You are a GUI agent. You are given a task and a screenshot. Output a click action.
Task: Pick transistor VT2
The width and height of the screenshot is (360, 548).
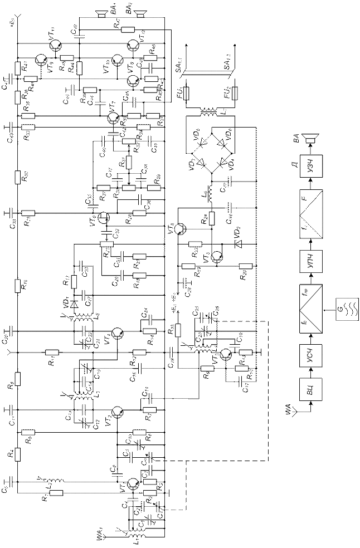coord(118,412)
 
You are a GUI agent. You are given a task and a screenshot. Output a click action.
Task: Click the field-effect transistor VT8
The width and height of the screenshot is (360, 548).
coord(104,218)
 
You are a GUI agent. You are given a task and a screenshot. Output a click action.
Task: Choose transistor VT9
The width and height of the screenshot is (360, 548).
coord(114,118)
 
